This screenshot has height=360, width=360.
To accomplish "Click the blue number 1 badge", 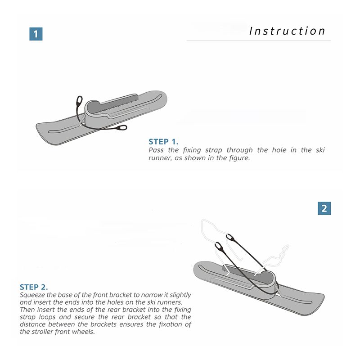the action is (x=36, y=34).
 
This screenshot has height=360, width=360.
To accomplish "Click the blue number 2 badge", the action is (x=324, y=208).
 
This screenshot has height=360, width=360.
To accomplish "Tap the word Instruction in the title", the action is (x=287, y=31).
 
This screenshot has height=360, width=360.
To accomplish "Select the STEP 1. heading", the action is (x=163, y=142).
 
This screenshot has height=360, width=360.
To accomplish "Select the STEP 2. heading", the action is (x=34, y=287).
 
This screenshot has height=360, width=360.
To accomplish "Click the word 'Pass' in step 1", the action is (x=156, y=150).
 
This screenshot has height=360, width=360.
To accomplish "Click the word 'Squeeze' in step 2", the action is (x=32, y=295).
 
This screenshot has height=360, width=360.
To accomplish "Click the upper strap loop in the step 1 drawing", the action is (x=80, y=101).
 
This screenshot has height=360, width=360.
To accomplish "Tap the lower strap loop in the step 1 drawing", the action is (x=121, y=128).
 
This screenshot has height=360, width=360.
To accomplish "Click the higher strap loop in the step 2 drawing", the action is (x=230, y=238).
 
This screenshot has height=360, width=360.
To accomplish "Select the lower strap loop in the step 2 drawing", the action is (x=219, y=246).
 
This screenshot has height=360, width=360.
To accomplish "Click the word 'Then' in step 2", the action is (x=27, y=310).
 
